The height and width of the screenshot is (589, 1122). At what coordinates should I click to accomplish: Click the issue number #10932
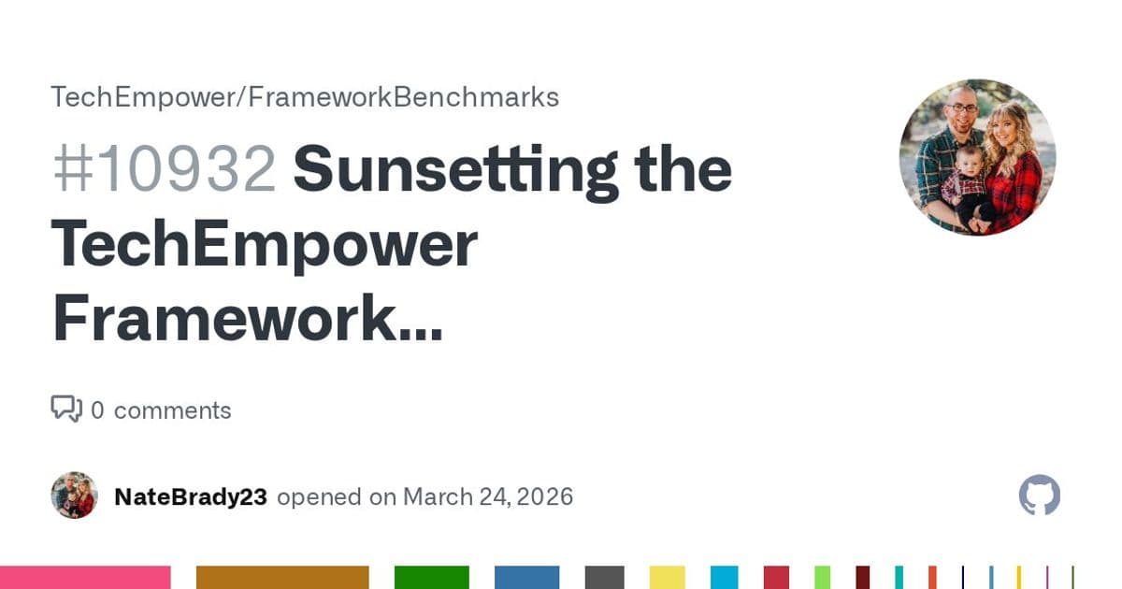(x=164, y=169)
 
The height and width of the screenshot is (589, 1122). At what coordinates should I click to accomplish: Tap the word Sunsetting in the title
(x=455, y=169)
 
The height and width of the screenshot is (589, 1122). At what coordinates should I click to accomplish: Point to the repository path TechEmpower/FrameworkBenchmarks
(x=305, y=97)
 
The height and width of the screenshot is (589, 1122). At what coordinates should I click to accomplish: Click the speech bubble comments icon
(x=65, y=409)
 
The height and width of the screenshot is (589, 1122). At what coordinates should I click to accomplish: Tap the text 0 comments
(x=161, y=410)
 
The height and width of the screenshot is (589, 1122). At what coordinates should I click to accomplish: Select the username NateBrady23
(x=190, y=496)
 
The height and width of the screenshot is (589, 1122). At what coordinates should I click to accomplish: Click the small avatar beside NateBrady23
(x=74, y=496)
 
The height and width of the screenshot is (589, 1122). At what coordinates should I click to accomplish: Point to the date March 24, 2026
(x=488, y=496)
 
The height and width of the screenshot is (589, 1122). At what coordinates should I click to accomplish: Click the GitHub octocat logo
(x=1039, y=496)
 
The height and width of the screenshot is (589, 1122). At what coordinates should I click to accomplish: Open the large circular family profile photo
(x=977, y=157)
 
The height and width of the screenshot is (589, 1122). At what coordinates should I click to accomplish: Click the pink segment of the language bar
(x=85, y=577)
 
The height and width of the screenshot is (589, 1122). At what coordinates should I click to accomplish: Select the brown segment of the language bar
(x=282, y=577)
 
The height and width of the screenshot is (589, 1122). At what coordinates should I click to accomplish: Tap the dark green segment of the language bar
(x=431, y=577)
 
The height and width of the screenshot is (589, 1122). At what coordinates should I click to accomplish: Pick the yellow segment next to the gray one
(x=668, y=577)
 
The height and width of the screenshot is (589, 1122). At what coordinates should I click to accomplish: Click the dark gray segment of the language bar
(x=604, y=577)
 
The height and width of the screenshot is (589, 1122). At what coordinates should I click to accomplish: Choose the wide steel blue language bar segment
(x=526, y=577)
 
